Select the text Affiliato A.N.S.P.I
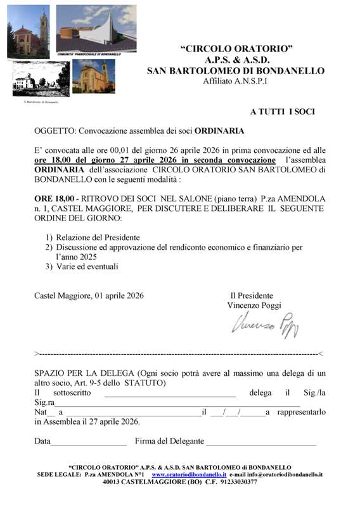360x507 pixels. [x=235, y=82]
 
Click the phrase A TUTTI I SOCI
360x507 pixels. [x=282, y=112]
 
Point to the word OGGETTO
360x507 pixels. [x=55, y=131]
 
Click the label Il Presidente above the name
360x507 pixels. [x=252, y=295]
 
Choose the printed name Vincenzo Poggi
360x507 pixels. [x=254, y=305]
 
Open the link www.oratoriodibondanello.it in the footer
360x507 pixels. [x=190, y=474]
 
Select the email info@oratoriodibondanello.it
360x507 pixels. [x=285, y=474]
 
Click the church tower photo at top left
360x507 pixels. [x=28, y=32]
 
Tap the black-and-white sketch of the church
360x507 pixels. [x=32, y=80]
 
